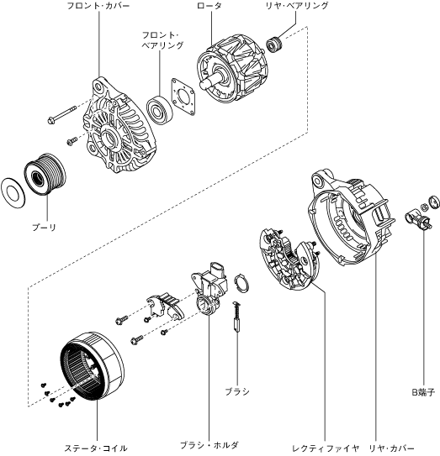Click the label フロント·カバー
[x=98, y=6]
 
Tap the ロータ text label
[x=209, y=6]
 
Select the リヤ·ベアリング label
[x=297, y=6]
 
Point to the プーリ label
[x=44, y=228]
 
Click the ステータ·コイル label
[x=96, y=448]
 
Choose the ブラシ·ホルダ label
[x=209, y=445]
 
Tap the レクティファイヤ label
[x=325, y=448]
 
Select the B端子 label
[x=423, y=392]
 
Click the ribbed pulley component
[x=45, y=173]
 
